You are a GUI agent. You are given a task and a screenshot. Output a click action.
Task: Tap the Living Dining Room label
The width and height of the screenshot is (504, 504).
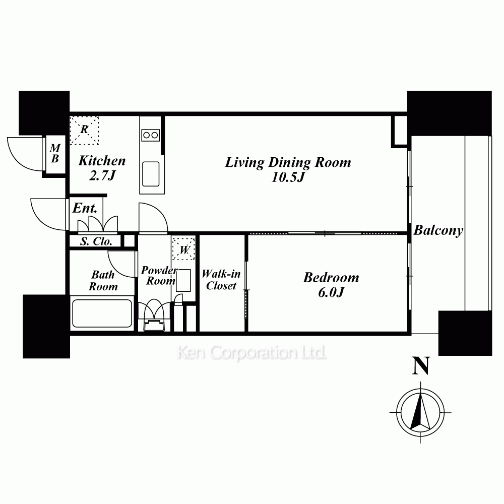click(x=288, y=162)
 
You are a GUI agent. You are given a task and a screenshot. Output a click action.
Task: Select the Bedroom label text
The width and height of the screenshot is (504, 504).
click(x=331, y=278)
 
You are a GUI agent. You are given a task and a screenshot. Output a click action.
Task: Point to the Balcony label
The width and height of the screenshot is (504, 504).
click(x=438, y=230)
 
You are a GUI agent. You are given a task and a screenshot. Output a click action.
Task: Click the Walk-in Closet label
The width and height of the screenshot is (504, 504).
click(x=221, y=280)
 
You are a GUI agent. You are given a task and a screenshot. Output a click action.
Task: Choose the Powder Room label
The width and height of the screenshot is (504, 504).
click(x=159, y=276)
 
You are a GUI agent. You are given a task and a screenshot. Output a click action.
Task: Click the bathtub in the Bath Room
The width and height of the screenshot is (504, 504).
click(x=102, y=313)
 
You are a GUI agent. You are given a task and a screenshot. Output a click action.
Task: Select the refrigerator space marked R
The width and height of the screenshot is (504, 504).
click(x=84, y=130)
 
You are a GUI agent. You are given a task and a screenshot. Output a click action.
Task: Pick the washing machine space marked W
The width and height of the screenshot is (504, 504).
click(x=183, y=248)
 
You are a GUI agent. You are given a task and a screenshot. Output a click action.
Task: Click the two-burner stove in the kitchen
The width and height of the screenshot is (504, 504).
click(x=150, y=135)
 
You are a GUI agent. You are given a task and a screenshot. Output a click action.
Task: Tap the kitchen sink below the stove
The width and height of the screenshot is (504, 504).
click(x=151, y=174)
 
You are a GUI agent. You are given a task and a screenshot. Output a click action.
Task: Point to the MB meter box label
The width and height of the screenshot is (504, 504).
click(x=55, y=153)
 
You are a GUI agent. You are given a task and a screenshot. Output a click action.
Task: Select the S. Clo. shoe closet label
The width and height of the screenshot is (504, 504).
click(x=96, y=241)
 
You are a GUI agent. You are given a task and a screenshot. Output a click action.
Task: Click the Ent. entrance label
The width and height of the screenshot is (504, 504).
click(x=85, y=208)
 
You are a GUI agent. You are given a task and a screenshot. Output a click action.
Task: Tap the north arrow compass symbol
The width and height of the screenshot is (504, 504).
click(x=420, y=412)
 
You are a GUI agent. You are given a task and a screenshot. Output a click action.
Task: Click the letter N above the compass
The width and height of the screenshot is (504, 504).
click(x=421, y=366)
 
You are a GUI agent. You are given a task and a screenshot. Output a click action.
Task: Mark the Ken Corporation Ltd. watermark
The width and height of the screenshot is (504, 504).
click(x=251, y=353)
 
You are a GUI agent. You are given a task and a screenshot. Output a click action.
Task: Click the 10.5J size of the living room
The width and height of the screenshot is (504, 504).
click(x=288, y=177)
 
